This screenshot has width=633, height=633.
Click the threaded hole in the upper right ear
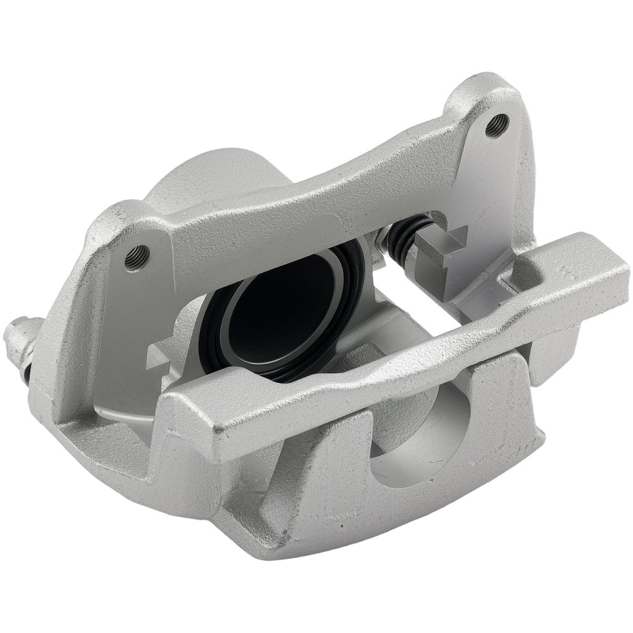coord(496,124)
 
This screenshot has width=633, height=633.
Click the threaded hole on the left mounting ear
coord(136,256)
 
